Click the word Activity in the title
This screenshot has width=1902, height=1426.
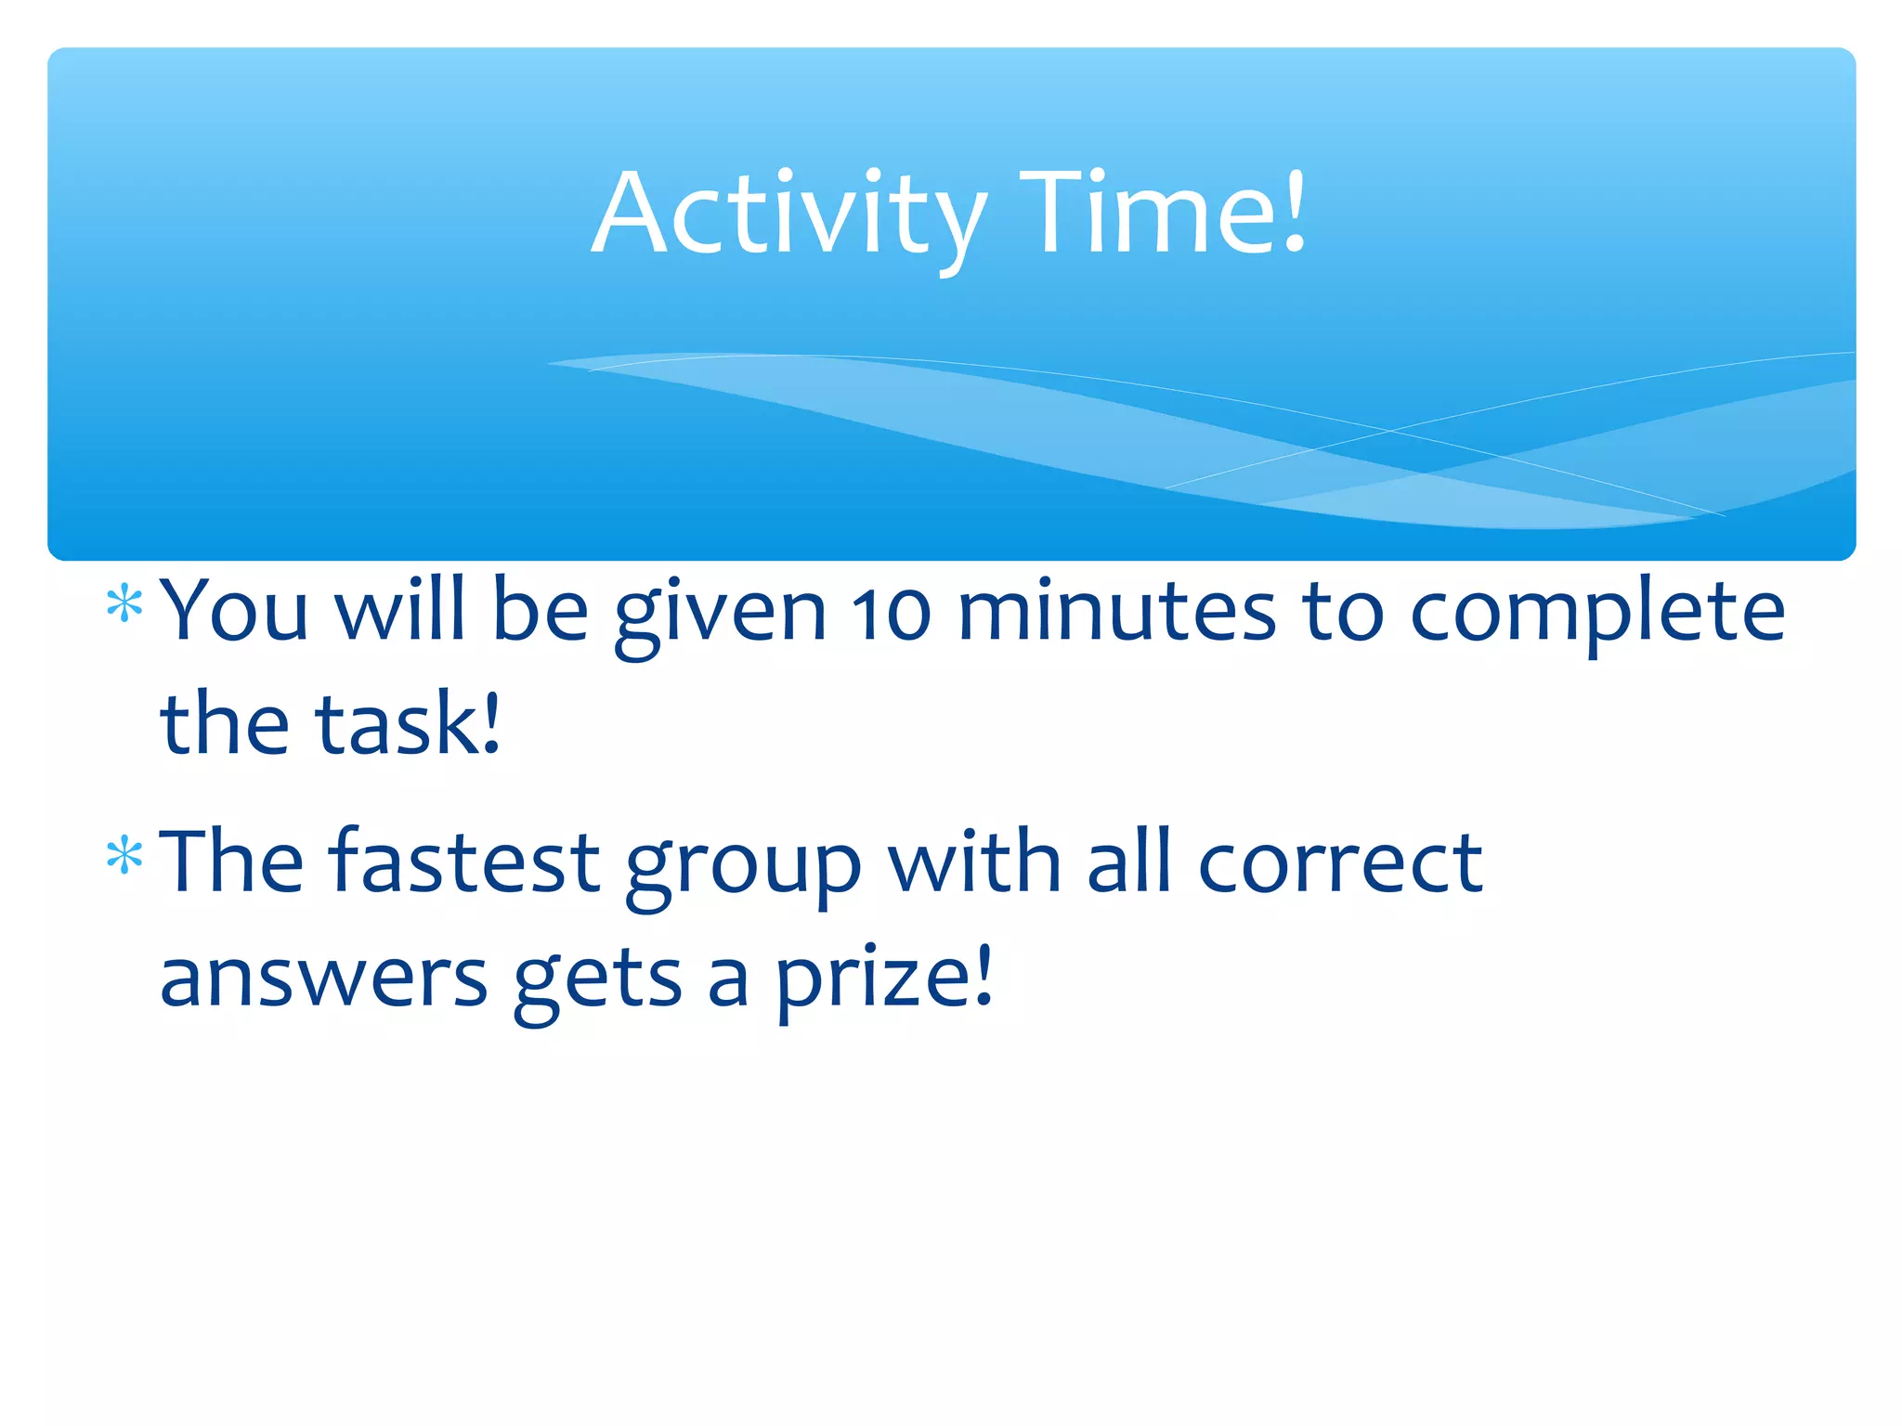pos(788,215)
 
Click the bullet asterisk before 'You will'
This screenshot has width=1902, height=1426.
pos(124,606)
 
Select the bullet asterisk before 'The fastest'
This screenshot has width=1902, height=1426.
pos(124,856)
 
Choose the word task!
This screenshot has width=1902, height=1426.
pos(408,723)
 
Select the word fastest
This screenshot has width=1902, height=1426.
pos(464,862)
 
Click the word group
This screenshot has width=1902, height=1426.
pos(743,869)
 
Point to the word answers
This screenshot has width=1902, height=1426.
pos(323,979)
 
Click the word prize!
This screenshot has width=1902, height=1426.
pos(883,979)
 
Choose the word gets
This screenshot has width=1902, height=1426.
pos(598,980)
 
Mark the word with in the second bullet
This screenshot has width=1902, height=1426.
pos(974,861)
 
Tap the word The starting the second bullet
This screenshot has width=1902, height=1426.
pos(232,861)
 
